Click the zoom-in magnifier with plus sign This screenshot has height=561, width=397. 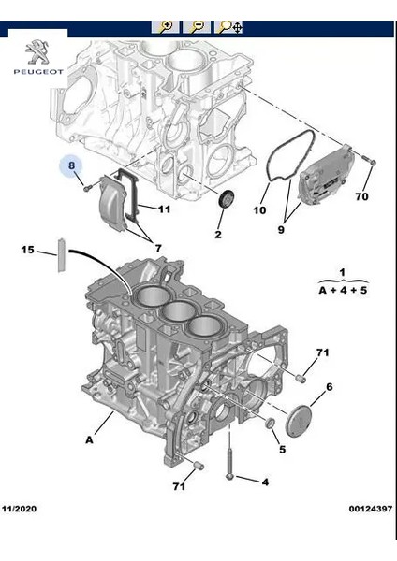click(165, 26)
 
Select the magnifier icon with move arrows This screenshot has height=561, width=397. click(228, 26)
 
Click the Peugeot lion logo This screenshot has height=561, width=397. click(38, 51)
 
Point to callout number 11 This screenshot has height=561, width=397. click(163, 209)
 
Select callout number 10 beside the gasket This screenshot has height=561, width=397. click(260, 210)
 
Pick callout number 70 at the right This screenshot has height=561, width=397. click(361, 197)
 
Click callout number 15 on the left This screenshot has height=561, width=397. click(28, 250)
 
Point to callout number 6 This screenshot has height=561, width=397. click(329, 387)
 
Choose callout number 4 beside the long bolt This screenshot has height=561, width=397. click(264, 482)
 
